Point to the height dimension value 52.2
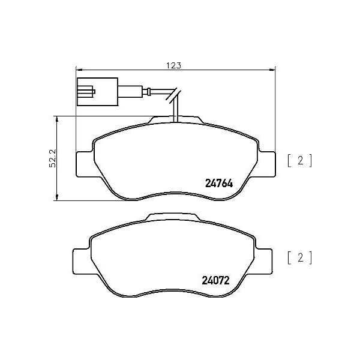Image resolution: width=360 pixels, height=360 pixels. [x=53, y=158]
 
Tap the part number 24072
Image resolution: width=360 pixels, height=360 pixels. [x=215, y=280]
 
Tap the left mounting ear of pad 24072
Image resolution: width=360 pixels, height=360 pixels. [x=80, y=260]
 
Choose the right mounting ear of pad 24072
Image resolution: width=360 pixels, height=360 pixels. [x=264, y=259]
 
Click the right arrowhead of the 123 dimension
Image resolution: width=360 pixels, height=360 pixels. [x=272, y=69]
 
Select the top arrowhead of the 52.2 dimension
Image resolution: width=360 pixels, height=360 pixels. [x=56, y=119]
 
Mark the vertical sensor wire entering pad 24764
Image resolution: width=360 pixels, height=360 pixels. [x=174, y=111]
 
